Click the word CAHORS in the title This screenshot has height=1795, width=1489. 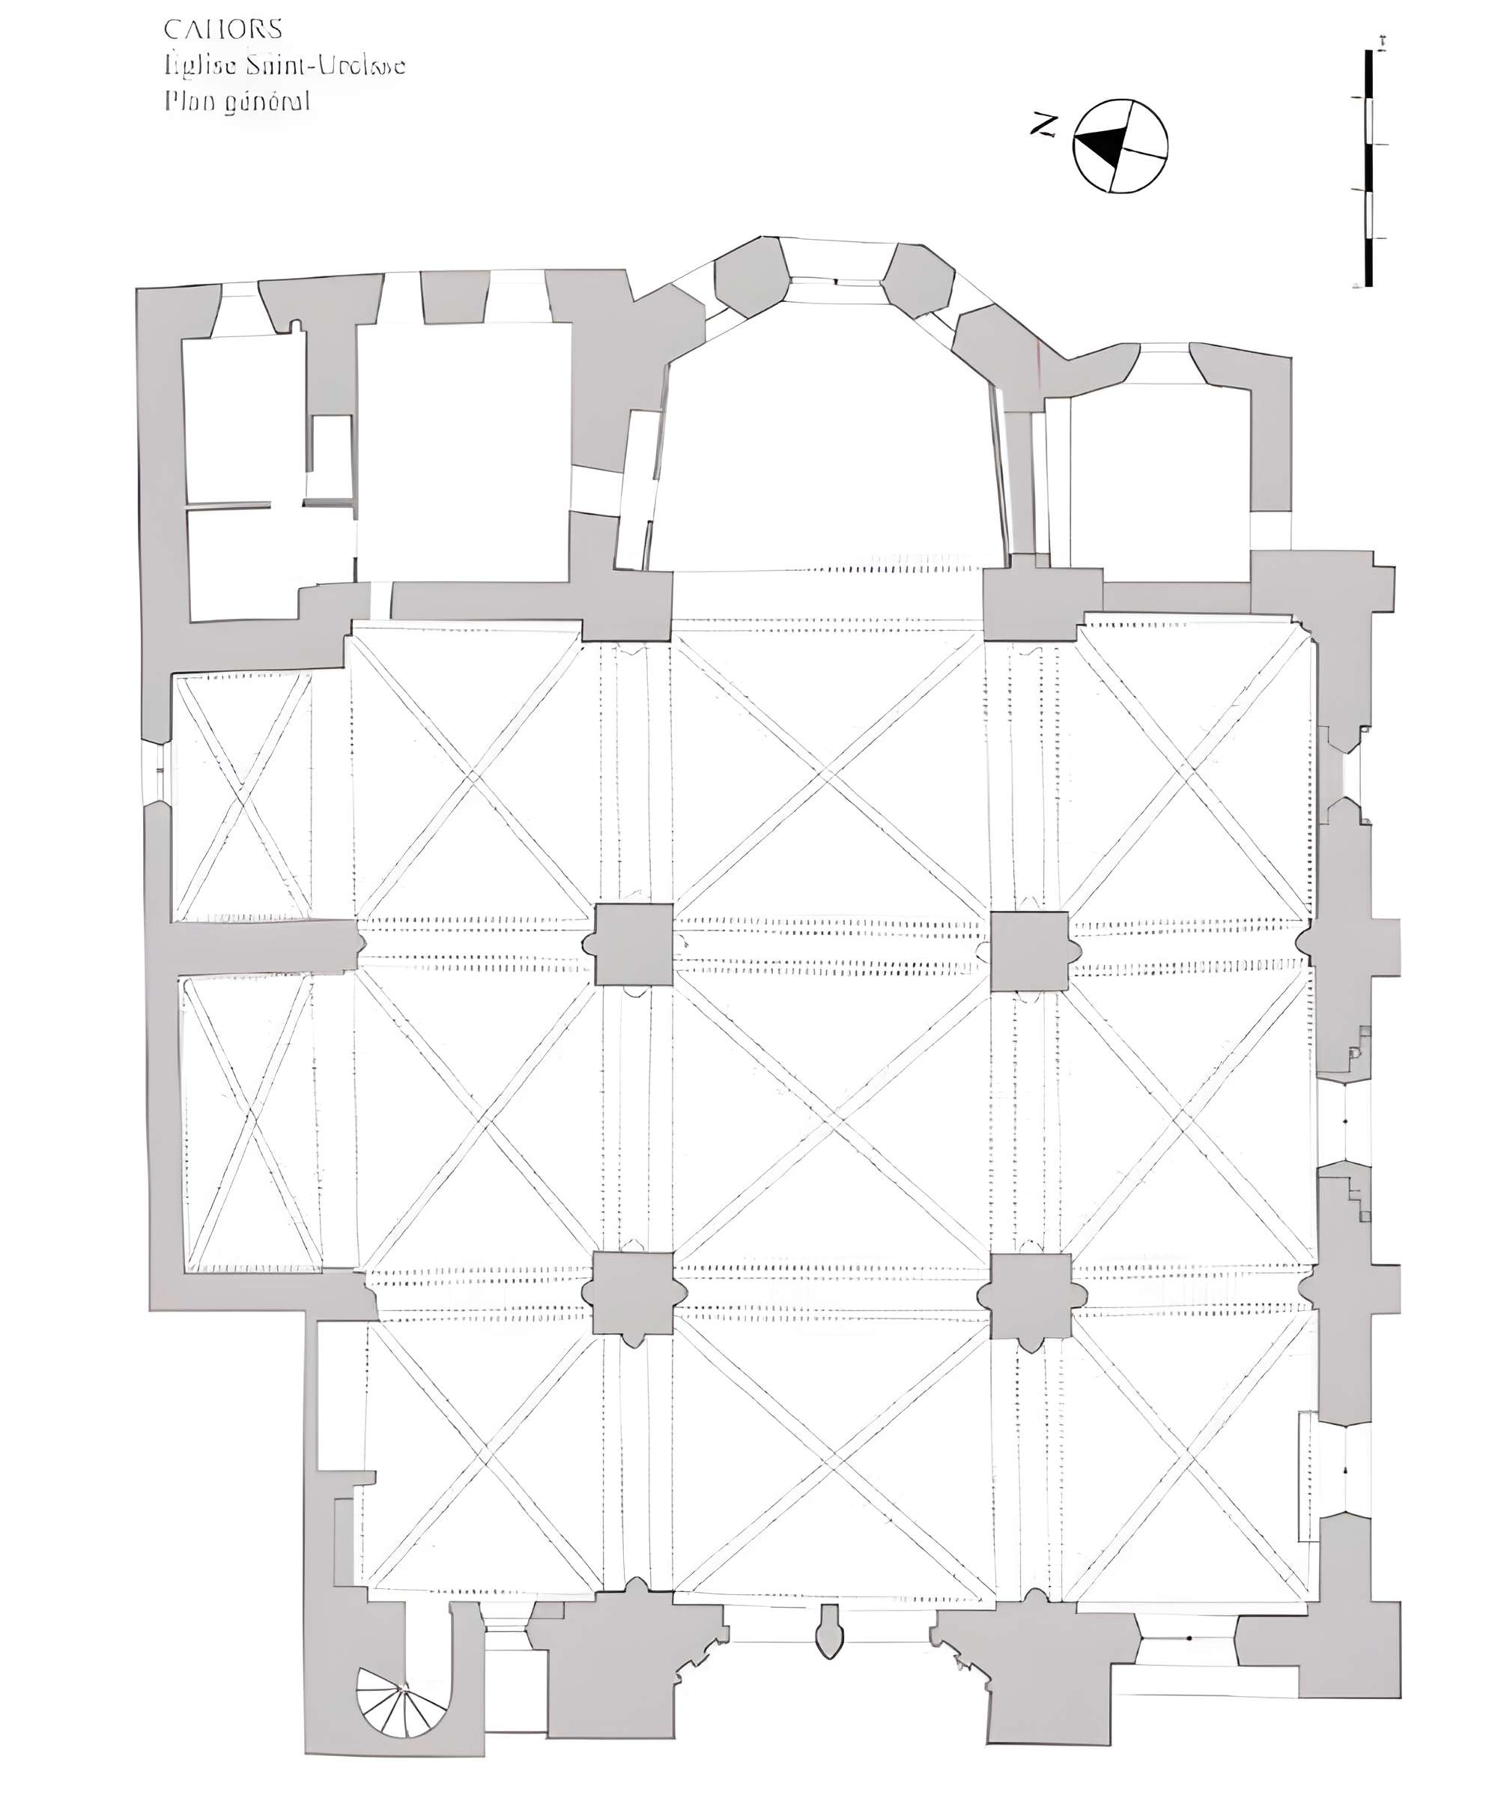pos(223,30)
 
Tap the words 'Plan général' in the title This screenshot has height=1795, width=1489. pos(237,102)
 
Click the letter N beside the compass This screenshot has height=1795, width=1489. pos(1043,126)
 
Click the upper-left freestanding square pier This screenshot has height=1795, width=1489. pos(634,945)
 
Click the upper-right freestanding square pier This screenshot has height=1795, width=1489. pos(1029,951)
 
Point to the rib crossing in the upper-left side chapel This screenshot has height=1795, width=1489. pos(243,799)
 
